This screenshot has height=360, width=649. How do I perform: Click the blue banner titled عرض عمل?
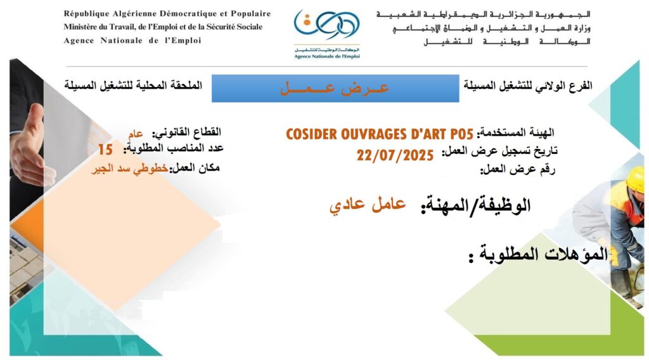(335, 88)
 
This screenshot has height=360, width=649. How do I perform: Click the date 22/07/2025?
(395, 155)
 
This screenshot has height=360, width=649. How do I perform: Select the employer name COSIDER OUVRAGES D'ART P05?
(379, 134)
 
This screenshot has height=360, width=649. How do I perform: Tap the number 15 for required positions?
(105, 150)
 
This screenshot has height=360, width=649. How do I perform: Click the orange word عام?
(136, 134)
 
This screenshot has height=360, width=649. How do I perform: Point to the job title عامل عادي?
(367, 205)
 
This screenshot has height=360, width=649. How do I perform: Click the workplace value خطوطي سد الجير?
(129, 169)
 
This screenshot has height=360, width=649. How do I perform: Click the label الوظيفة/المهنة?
(475, 205)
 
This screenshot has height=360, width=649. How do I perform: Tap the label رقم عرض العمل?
(517, 170)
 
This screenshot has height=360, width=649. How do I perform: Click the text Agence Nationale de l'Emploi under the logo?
(327, 56)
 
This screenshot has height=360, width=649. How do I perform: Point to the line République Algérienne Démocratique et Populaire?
(167, 14)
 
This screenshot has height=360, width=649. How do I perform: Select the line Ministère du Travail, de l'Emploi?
(163, 27)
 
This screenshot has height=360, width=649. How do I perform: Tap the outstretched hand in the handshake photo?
(30, 145)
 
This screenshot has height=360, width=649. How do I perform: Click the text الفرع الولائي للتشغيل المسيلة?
(528, 86)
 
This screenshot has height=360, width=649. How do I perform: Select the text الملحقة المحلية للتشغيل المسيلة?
(133, 85)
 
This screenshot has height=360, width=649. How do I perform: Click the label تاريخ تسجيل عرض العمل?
(499, 151)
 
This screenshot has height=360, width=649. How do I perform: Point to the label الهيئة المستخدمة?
(515, 133)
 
